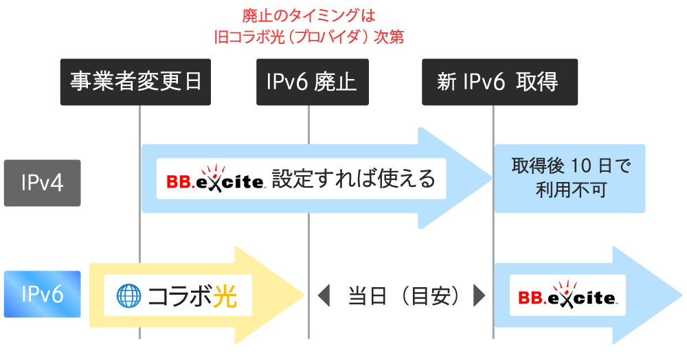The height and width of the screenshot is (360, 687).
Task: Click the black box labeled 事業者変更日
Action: pos(135,82)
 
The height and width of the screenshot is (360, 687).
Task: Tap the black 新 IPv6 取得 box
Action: pos(499,82)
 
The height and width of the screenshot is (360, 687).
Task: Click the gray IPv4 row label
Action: pos(42,183)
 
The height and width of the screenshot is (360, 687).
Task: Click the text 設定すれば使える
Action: pos(353,179)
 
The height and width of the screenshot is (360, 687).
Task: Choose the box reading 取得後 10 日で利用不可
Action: pos(570,179)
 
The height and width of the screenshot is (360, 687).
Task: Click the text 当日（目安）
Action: pos(402,295)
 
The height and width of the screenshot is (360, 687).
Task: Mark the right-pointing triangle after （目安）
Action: pos(480,295)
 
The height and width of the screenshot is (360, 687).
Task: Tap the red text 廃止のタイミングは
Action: pos(308,14)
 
